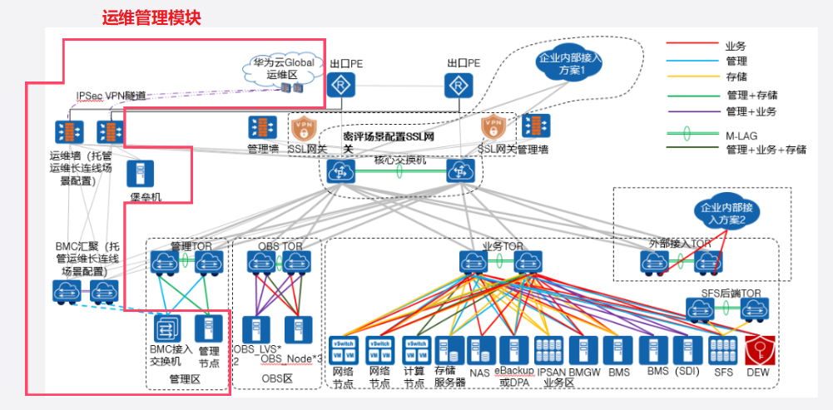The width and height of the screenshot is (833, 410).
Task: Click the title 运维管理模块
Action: pos(151,17)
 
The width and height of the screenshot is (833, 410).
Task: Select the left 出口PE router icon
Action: pos(341,85)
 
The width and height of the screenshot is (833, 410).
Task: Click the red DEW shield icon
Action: pos(757,348)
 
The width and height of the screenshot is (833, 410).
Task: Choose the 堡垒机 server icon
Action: pos(139,173)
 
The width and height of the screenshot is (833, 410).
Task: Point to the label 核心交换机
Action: pos(400,160)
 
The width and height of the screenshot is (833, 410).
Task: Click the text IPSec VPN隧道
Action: pos(111,96)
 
